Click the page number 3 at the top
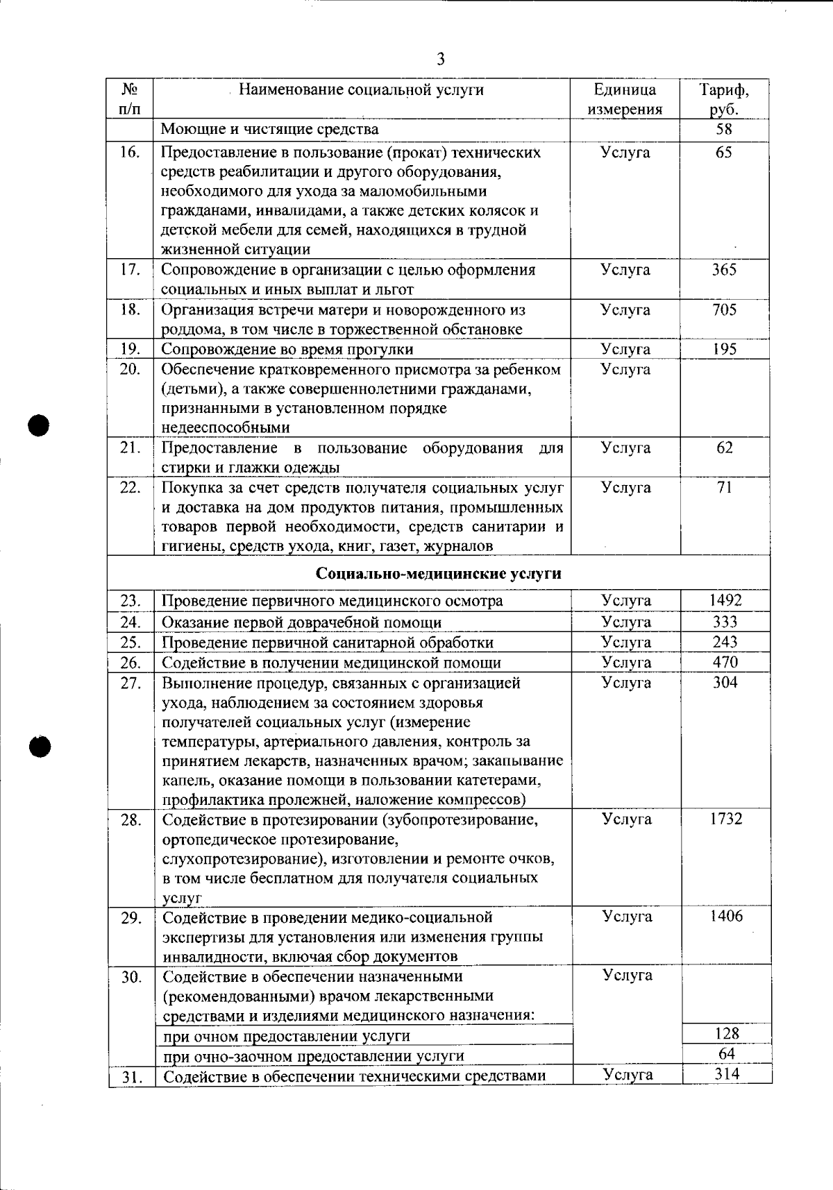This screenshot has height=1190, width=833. point(440,60)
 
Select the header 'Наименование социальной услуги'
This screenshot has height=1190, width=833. point(361,90)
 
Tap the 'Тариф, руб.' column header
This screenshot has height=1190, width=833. point(724,99)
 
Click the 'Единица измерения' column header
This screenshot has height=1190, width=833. point(625,99)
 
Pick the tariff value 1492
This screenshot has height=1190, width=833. point(725,600)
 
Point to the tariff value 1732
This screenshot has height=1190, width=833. point(725,819)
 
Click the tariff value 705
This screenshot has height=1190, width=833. point(724,309)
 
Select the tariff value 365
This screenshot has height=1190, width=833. point(724,270)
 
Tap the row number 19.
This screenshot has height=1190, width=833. point(131,349)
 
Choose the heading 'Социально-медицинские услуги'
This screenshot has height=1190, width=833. point(439,574)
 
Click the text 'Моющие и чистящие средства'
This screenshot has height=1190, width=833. point(270,129)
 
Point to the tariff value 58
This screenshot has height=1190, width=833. point(724,129)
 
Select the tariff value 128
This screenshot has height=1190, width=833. point(727,1033)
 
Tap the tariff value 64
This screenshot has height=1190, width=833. point(727,1053)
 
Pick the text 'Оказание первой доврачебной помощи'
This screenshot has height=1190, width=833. point(301,622)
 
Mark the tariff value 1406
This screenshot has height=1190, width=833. point(726,916)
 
